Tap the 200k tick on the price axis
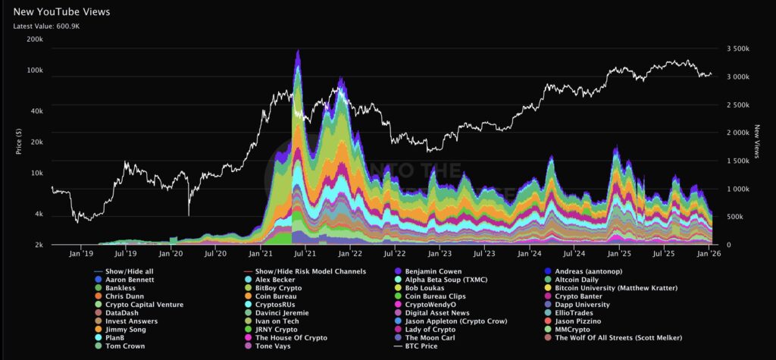(x=33, y=39)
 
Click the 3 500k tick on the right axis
(x=739, y=49)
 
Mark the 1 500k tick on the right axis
(x=739, y=161)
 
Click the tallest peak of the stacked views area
(x=298, y=52)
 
